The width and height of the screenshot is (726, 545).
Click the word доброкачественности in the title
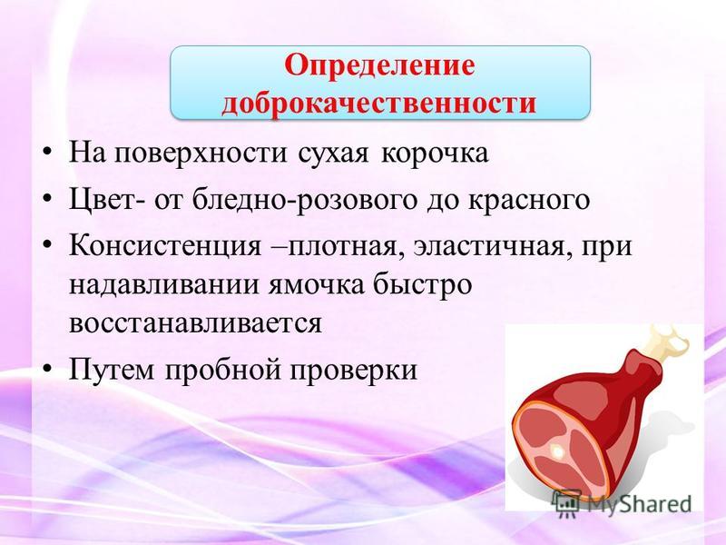coord(378,103)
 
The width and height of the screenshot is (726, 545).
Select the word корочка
coord(435,154)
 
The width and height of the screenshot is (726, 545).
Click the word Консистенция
coord(165,245)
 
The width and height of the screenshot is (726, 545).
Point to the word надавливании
coord(164,283)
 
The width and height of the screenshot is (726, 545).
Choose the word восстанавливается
coord(195,322)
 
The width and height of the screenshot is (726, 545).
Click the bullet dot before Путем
coord(47,370)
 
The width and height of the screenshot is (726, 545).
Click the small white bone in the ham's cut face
coord(556,451)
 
